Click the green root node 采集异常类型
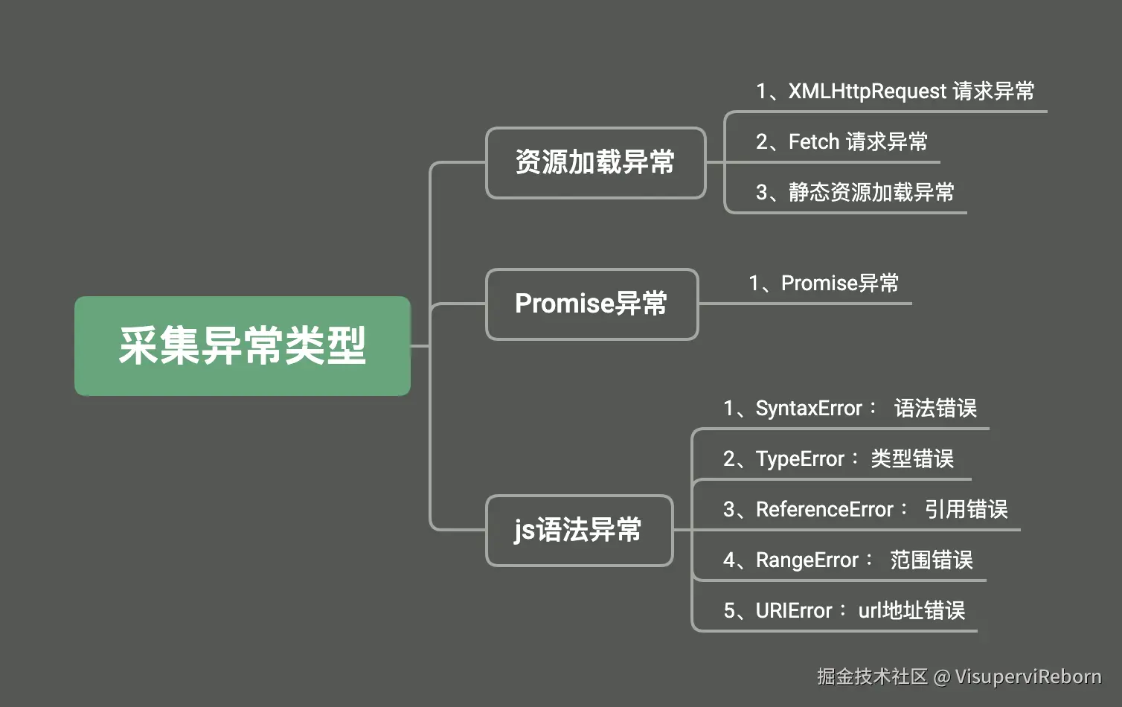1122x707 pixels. pyautogui.click(x=243, y=346)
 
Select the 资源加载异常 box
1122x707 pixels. pyautogui.click(x=595, y=163)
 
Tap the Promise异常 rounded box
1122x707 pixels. pyautogui.click(x=592, y=304)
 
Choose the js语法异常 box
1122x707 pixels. pyautogui.click(x=579, y=530)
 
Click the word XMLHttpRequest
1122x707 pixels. pyautogui.click(x=868, y=92)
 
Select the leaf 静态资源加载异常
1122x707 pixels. pyautogui.click(x=871, y=193)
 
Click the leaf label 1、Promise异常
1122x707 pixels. pyautogui.click(x=824, y=283)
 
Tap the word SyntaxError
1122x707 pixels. pyautogui.click(x=809, y=409)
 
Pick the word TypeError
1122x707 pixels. pyautogui.click(x=800, y=459)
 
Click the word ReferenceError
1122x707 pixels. pyautogui.click(x=824, y=510)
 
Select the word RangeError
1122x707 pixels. pyautogui.click(x=807, y=560)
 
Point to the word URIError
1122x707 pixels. pyautogui.click(x=794, y=611)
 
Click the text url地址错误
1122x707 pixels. pyautogui.click(x=911, y=611)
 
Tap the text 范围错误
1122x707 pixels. pyautogui.click(x=932, y=560)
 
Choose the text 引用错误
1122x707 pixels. pyautogui.click(x=966, y=510)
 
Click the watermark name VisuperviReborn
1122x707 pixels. pyautogui.click(x=1028, y=677)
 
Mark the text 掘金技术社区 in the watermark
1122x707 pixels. pyautogui.click(x=873, y=677)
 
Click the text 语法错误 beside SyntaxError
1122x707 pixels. pyautogui.click(x=936, y=409)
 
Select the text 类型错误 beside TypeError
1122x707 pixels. pyautogui.click(x=912, y=459)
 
